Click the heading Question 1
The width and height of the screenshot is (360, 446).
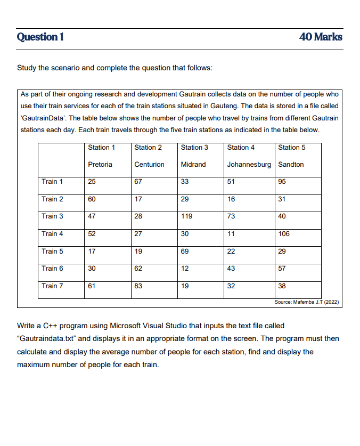(x=40, y=37)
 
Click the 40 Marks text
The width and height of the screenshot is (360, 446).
(x=321, y=37)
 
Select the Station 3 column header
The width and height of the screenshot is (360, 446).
(x=194, y=148)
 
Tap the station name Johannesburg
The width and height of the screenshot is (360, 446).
(x=249, y=165)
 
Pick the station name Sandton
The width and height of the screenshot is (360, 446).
(x=291, y=165)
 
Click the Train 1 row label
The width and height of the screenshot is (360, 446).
(x=52, y=182)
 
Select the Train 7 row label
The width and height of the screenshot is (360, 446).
(x=52, y=286)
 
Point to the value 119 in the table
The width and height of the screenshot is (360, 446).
(x=186, y=216)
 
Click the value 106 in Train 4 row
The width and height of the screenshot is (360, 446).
(x=284, y=234)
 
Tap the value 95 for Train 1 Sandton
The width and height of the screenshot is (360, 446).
(x=282, y=182)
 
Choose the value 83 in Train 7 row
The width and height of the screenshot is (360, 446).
(x=138, y=286)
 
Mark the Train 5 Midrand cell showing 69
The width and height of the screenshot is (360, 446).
(x=185, y=252)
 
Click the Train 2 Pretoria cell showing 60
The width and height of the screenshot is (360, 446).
(x=92, y=199)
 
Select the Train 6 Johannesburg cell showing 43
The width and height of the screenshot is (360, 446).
(x=231, y=269)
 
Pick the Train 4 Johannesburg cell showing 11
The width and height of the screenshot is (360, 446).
(x=231, y=234)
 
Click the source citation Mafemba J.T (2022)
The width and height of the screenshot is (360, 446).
(x=306, y=302)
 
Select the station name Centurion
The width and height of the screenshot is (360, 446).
(x=149, y=165)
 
